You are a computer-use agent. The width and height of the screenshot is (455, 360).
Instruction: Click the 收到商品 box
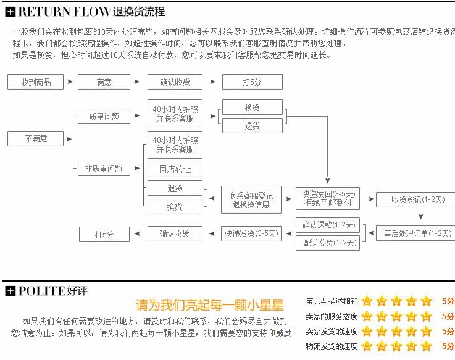[x=36, y=82]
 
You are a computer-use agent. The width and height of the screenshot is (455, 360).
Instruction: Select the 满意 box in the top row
[x=104, y=82]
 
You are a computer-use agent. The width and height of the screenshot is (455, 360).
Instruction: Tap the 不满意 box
[x=36, y=139]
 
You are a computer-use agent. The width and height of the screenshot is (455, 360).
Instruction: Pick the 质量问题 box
[x=104, y=116]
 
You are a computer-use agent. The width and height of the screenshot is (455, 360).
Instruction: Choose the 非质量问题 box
[x=104, y=168]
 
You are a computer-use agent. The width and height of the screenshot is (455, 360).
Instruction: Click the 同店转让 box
[x=175, y=169]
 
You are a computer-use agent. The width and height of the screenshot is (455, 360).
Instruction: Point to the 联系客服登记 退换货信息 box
[x=251, y=200]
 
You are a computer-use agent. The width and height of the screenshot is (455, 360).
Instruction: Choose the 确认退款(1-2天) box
[x=328, y=225]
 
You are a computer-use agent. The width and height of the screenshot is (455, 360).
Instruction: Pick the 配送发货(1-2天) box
[x=328, y=243]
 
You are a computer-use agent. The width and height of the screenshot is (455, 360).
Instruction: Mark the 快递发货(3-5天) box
[x=251, y=234]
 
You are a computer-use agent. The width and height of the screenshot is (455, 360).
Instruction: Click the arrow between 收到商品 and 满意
[x=70, y=82]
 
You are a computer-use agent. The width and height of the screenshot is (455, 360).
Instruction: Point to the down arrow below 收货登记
[x=421, y=217]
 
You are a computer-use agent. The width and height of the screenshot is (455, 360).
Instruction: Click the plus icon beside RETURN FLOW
[x=10, y=12]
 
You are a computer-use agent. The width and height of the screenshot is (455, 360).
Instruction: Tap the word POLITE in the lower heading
[x=41, y=291]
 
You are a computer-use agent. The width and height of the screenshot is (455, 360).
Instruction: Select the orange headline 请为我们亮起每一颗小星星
[x=209, y=305]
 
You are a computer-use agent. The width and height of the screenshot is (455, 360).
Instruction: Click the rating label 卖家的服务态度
[x=332, y=317]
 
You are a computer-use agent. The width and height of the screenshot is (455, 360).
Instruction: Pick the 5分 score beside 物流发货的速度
[x=448, y=346]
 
